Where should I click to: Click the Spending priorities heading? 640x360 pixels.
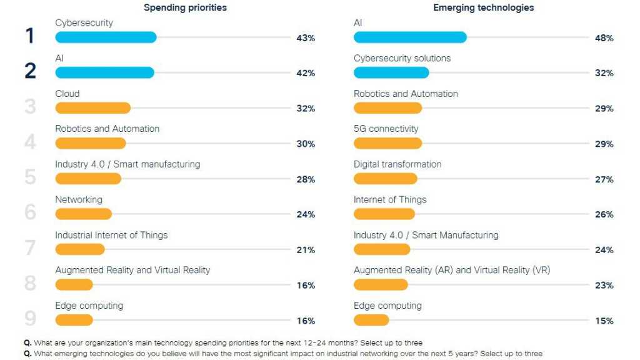point(185,8)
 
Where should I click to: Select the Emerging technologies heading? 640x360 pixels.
point(484,8)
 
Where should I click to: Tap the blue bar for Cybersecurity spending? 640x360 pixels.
point(106,37)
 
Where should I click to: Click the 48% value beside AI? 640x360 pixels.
point(604,38)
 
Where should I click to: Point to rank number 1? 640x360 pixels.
point(29,36)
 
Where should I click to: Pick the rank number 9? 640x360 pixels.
point(30,319)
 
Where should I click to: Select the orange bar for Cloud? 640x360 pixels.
point(92,108)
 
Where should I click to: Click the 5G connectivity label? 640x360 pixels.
point(386,129)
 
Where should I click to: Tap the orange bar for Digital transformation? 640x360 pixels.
point(385,179)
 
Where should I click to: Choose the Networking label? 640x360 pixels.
point(78,199)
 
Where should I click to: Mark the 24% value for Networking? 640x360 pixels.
point(306,215)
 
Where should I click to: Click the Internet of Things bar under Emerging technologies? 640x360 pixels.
point(384,214)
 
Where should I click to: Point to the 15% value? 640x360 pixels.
point(604,321)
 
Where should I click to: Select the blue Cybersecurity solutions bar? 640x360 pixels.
point(391,72)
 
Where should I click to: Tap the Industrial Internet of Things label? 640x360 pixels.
point(111,235)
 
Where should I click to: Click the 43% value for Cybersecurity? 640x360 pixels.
point(306,38)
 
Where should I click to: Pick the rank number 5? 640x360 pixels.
point(30,177)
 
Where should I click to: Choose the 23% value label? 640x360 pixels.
point(604,286)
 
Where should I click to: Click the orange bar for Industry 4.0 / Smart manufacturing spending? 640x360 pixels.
point(88,179)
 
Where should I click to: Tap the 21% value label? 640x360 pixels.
point(306,250)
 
